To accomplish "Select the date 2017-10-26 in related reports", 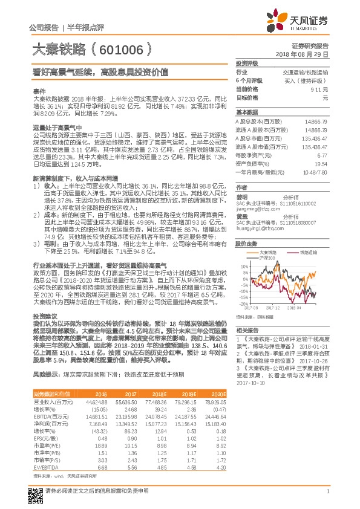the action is (315, 360).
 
